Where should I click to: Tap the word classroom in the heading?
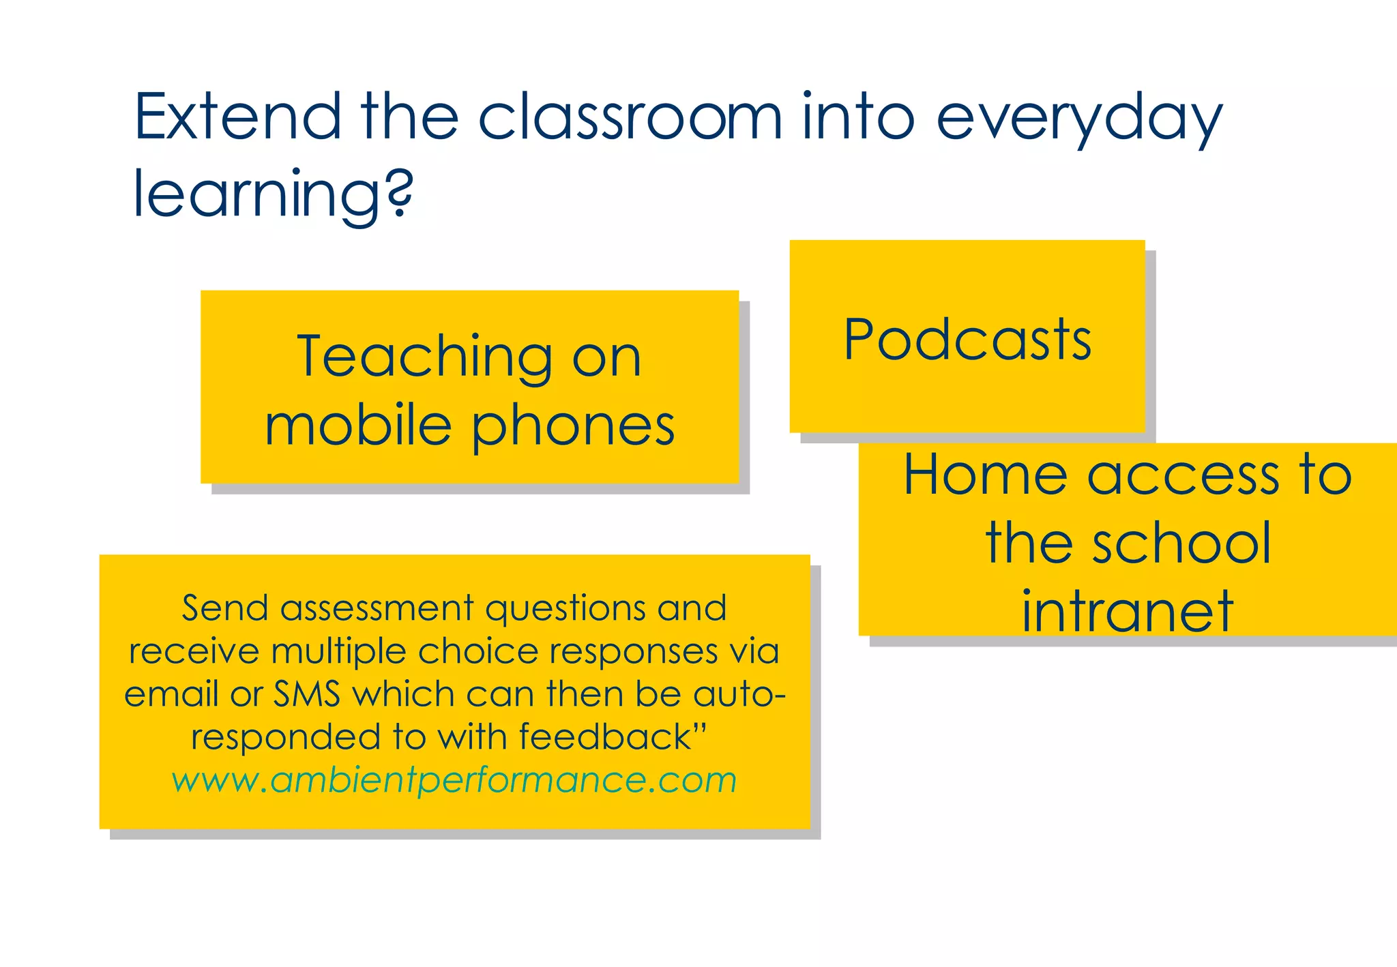click(629, 117)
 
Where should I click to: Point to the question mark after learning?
click(399, 193)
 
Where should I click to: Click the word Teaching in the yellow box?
click(424, 357)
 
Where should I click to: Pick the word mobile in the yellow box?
click(358, 426)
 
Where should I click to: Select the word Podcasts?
click(967, 340)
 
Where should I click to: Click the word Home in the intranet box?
click(985, 475)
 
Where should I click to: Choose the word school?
click(1181, 544)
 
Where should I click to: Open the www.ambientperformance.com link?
click(454, 780)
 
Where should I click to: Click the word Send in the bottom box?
click(225, 608)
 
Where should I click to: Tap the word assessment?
click(377, 608)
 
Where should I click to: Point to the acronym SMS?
click(307, 694)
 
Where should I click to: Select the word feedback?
click(604, 737)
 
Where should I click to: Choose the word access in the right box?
click(1183, 475)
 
